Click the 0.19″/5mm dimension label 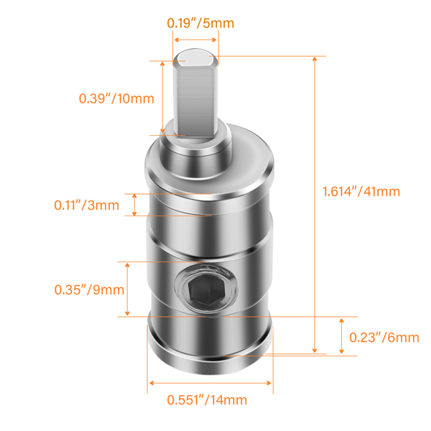pyautogui.click(x=200, y=22)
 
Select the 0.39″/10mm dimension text pyautogui.click(x=116, y=98)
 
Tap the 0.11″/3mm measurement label pyautogui.click(x=86, y=205)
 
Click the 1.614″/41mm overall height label pyautogui.click(x=360, y=192)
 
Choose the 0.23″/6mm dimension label pyautogui.click(x=384, y=337)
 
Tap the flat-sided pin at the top pyautogui.click(x=195, y=97)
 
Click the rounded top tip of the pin pyautogui.click(x=195, y=55)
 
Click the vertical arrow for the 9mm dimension pyautogui.click(x=128, y=289)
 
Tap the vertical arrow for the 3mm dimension pyautogui.click(x=135, y=205)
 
